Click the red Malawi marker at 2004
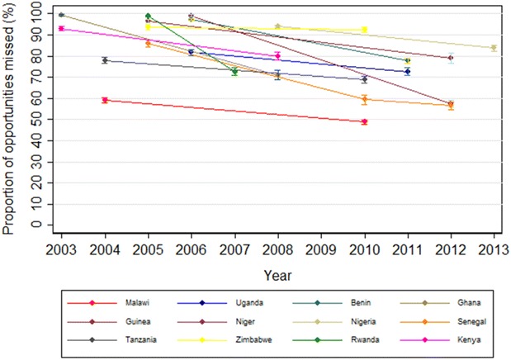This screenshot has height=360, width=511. [x=105, y=100]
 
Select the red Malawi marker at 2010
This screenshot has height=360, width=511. [x=364, y=121]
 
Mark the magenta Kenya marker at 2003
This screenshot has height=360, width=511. [x=61, y=28]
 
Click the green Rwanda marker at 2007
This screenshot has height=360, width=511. [x=234, y=72]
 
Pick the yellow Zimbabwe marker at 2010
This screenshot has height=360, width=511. [x=364, y=31]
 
